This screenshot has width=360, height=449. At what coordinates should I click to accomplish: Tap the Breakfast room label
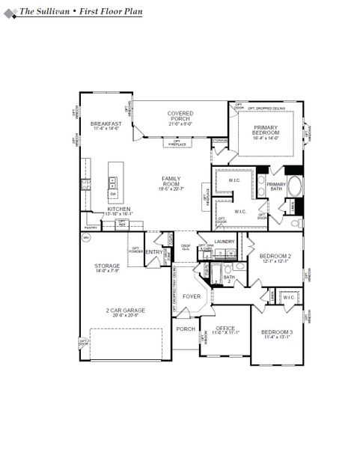(x=106, y=123)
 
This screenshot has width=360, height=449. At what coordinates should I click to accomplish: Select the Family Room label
(x=171, y=180)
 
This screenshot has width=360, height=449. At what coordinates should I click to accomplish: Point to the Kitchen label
(x=119, y=210)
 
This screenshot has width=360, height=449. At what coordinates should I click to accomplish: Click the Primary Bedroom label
(x=266, y=131)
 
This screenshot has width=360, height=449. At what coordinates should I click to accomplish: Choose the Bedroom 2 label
(x=274, y=257)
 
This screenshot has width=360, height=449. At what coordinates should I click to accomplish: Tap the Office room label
(x=225, y=329)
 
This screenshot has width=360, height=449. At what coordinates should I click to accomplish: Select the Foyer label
(x=192, y=297)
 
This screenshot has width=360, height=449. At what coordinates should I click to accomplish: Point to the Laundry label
(x=225, y=242)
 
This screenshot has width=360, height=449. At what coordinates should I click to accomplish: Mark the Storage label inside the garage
(x=107, y=266)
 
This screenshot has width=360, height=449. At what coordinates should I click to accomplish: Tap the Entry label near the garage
(x=153, y=252)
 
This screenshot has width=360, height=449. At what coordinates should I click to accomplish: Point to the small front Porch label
(x=186, y=329)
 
